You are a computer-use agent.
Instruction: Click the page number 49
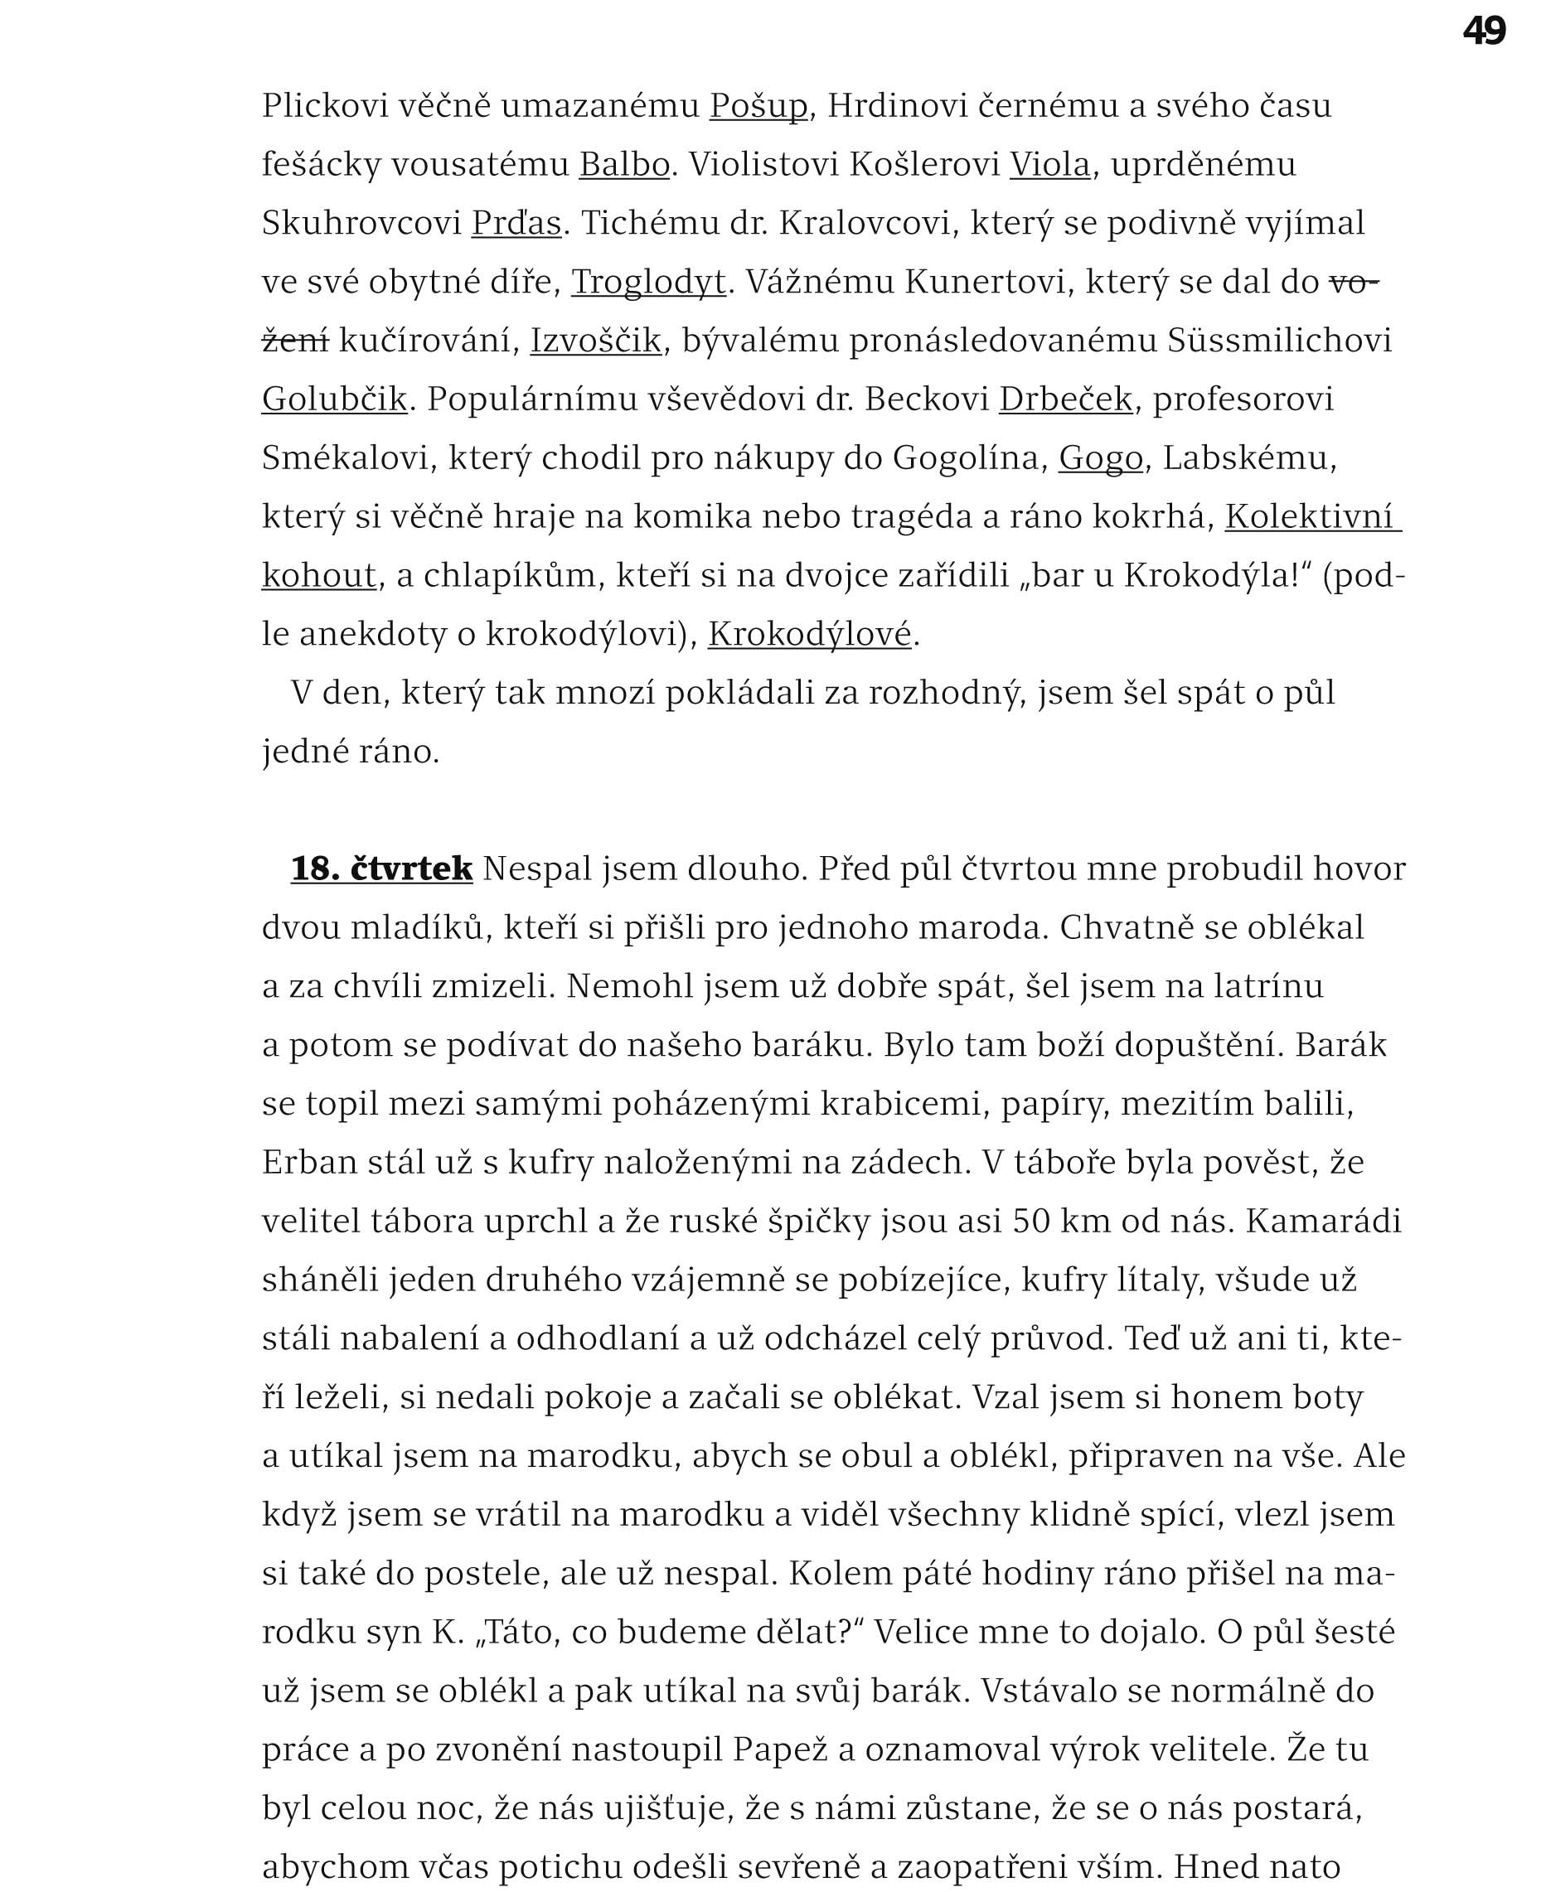(x=1484, y=31)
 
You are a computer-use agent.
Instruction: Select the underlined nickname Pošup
(x=758, y=106)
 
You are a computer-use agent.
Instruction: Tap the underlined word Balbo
(x=624, y=165)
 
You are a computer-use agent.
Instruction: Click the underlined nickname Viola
(x=1050, y=165)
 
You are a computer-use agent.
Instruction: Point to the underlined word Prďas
(x=516, y=224)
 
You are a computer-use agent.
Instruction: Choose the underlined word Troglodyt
(x=648, y=283)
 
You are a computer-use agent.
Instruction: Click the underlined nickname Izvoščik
(x=596, y=341)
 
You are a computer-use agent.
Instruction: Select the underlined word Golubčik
(x=334, y=399)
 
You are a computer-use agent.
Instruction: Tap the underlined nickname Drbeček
(x=1065, y=399)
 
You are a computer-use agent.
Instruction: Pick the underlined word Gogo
(x=1100, y=458)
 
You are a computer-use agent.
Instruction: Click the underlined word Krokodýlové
(x=810, y=635)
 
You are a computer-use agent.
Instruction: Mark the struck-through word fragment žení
(x=295, y=341)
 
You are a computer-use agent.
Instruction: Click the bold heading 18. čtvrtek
(x=381, y=869)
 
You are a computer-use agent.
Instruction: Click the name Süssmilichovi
(x=1279, y=341)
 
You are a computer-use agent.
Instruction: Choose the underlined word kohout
(x=319, y=576)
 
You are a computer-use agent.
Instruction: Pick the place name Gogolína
(x=966, y=458)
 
